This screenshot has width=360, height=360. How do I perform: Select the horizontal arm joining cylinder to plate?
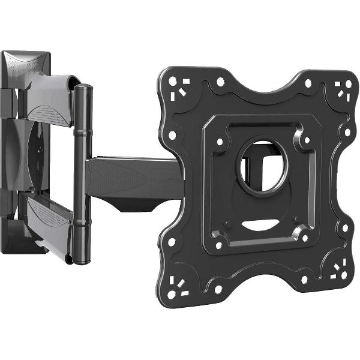point(132,178)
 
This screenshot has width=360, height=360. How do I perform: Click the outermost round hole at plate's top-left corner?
point(173,79)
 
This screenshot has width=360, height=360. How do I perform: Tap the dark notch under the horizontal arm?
point(138,207)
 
